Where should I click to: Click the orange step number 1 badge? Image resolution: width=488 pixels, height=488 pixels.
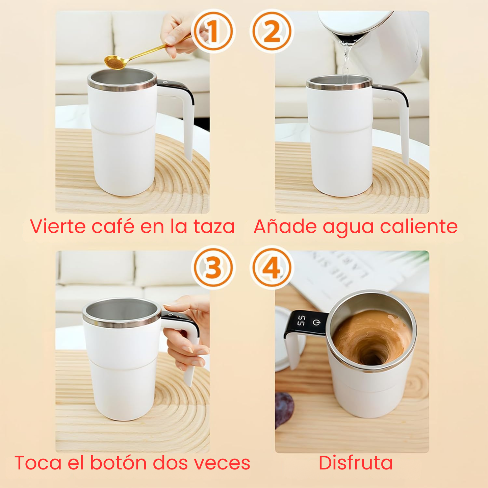tap(212, 31)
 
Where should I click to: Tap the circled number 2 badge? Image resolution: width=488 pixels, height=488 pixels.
tap(272, 31)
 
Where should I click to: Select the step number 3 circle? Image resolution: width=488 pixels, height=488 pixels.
tap(212, 268)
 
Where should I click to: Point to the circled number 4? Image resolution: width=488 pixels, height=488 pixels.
tap(272, 268)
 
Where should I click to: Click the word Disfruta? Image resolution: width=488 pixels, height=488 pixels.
tap(356, 463)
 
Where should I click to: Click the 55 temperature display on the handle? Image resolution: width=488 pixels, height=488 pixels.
tap(301, 321)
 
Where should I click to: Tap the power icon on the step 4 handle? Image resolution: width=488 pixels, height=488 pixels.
tap(316, 323)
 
